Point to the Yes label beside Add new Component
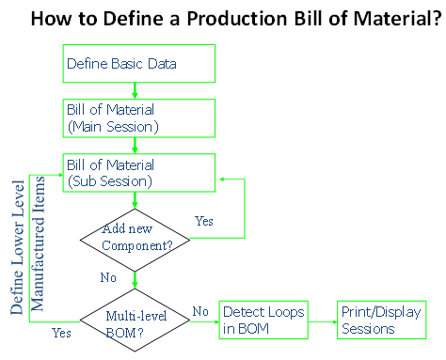pos(203,223)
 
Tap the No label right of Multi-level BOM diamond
pos(199,310)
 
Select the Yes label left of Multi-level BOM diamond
pos(62,332)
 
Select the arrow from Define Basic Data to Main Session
pos(136,91)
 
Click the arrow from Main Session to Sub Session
pos(136,145)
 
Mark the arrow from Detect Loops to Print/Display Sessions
pos(321,321)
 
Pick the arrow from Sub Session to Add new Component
pos(136,200)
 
